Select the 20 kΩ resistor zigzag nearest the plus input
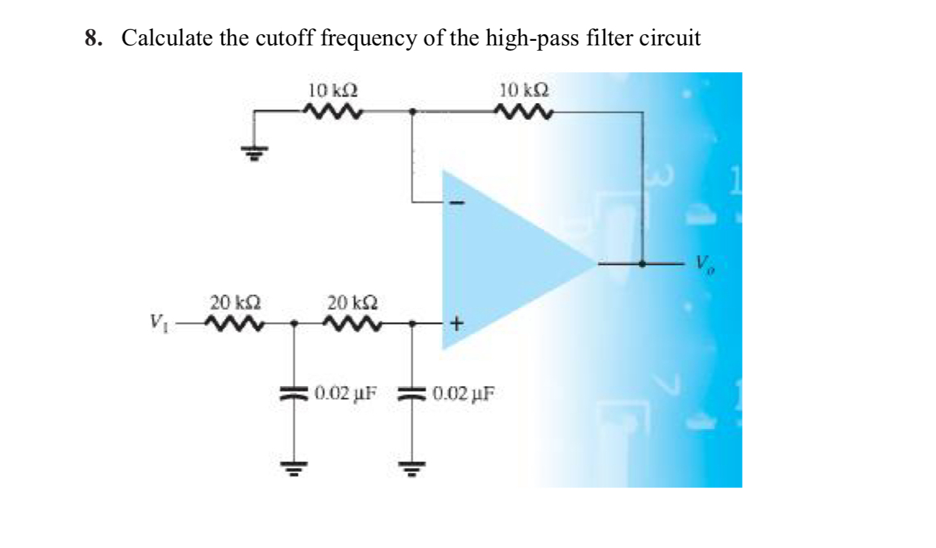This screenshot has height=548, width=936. pos(352,323)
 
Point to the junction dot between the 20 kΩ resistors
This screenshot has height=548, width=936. pos(294,323)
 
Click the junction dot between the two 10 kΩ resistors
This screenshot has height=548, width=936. pos(412,111)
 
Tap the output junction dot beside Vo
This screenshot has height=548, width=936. pos(643,264)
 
